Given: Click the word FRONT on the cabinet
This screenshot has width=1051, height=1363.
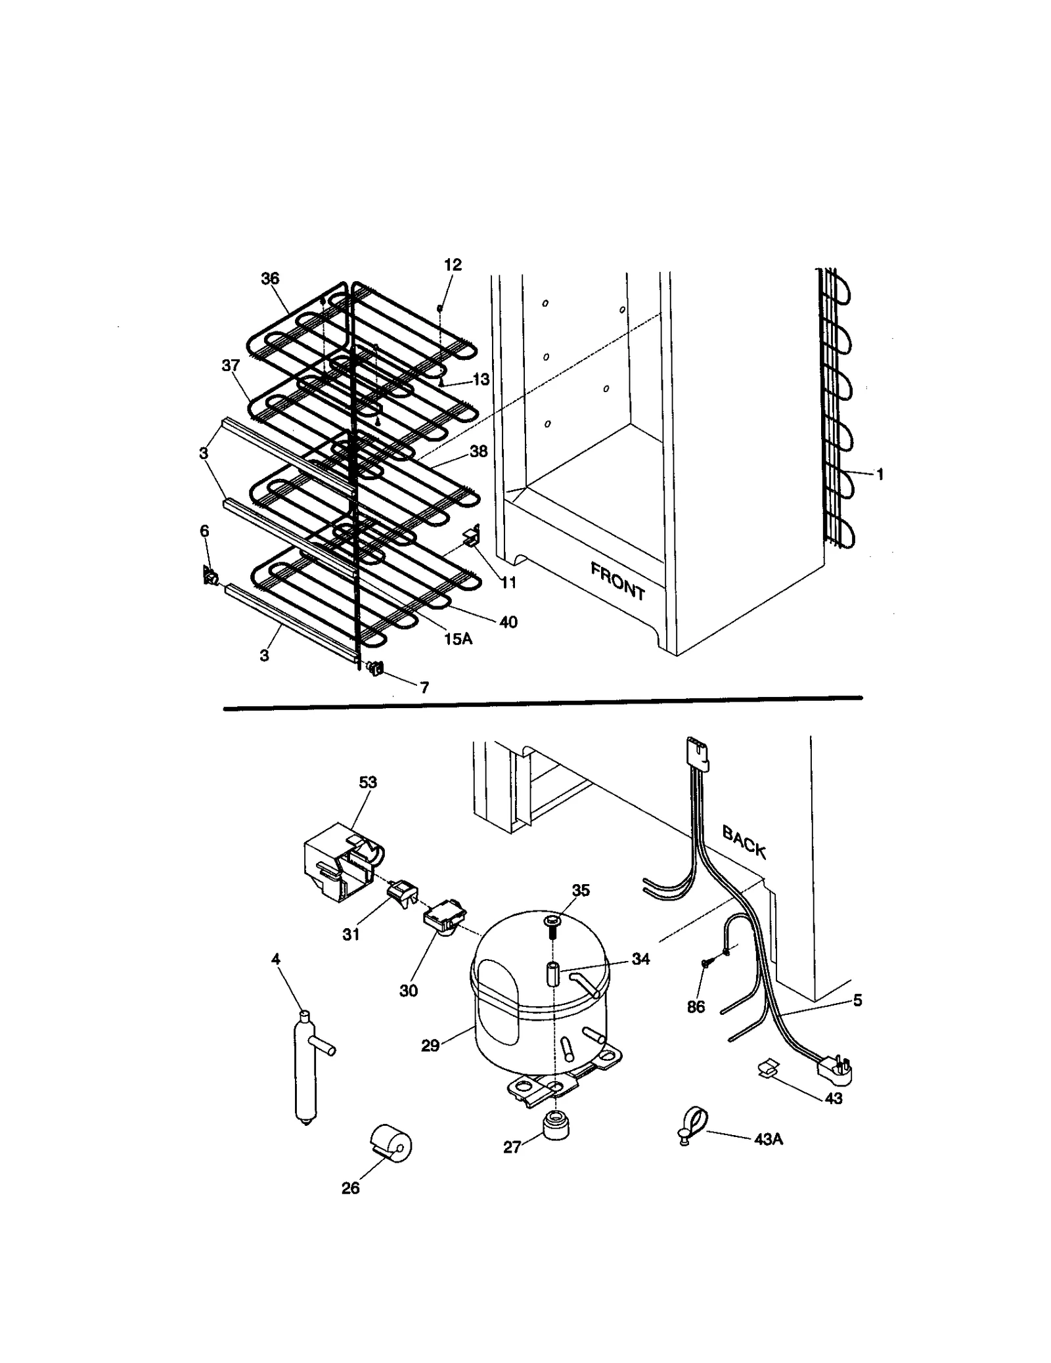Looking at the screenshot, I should (x=617, y=581).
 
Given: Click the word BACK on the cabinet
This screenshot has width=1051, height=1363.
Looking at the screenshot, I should (x=744, y=841).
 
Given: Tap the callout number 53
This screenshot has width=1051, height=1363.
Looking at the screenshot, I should (x=368, y=782).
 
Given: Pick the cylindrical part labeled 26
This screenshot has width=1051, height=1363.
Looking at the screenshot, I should (x=391, y=1143).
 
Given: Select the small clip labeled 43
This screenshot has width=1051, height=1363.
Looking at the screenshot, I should (x=765, y=1069).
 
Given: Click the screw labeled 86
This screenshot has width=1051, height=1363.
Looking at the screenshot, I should (x=705, y=963).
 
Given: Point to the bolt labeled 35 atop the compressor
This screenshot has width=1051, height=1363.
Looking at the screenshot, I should (x=552, y=925).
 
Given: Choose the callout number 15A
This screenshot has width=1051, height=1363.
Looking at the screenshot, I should (x=458, y=638).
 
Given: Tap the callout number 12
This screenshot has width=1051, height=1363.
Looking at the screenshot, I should (x=453, y=265).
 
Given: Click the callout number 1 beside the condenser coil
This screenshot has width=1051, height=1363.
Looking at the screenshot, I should (x=880, y=474).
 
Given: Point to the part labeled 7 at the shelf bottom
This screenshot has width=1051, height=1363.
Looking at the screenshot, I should (x=376, y=669).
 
